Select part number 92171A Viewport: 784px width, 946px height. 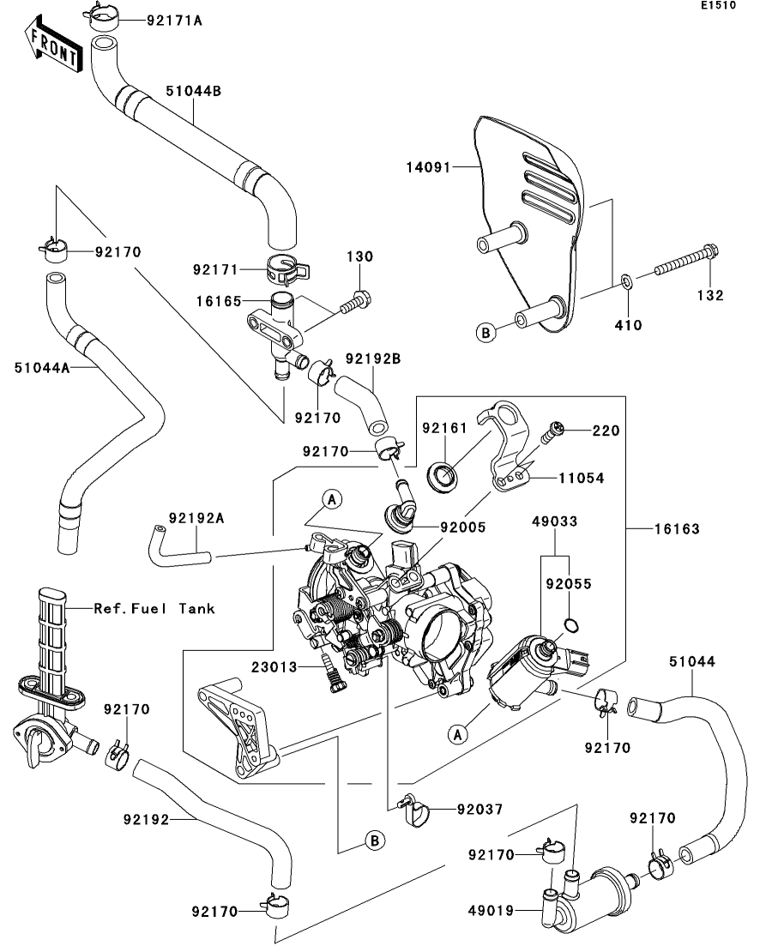174,19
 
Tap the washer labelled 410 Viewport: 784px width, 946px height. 626,280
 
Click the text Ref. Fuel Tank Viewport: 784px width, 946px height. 154,608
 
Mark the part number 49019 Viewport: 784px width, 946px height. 491,911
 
